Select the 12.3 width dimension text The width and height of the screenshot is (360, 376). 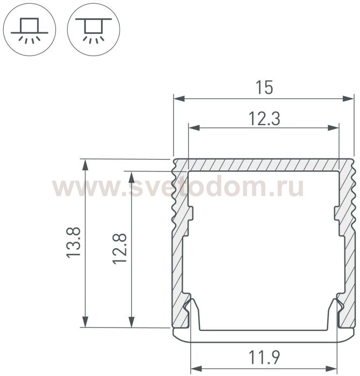pyautogui.click(x=264, y=119)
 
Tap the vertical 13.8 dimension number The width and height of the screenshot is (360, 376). pyautogui.click(x=74, y=243)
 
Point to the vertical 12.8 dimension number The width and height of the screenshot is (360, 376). pyautogui.click(x=119, y=249)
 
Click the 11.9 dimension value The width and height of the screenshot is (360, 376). pyautogui.click(x=264, y=357)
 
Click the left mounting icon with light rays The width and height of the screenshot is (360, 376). pyautogui.click(x=30, y=30)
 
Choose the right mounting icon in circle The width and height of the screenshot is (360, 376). pyautogui.click(x=93, y=30)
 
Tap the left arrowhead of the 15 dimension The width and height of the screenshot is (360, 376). pyautogui.click(x=179, y=98)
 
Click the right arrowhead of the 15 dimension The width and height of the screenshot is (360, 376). pyautogui.click(x=348, y=98)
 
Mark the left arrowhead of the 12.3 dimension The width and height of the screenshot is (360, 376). pyautogui.click(x=195, y=128)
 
